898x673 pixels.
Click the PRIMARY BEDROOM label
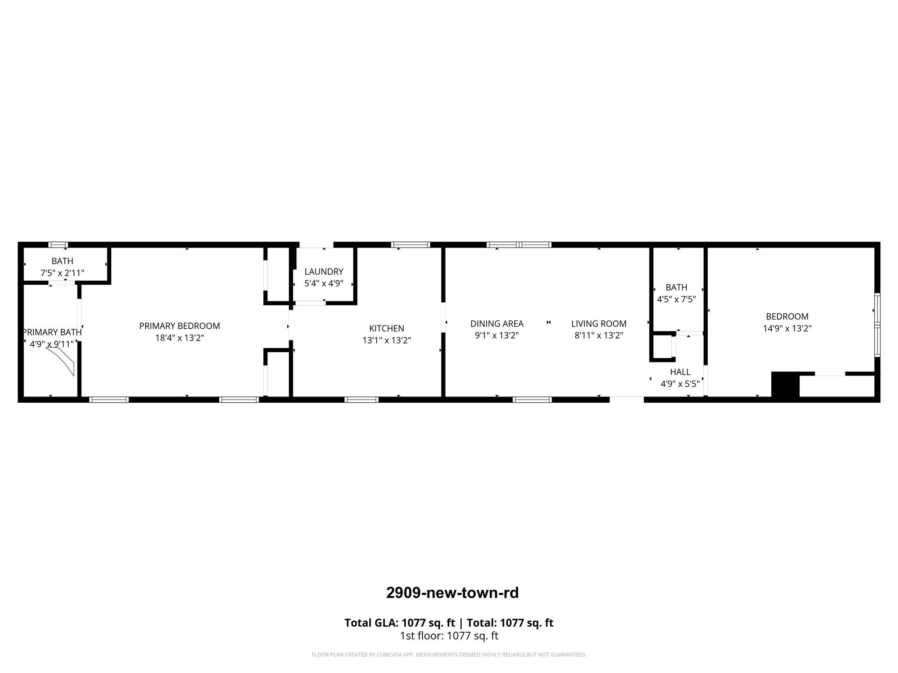[179, 326]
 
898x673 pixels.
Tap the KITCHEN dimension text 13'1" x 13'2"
[386, 340]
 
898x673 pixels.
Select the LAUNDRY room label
[324, 272]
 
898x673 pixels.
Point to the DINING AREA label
[497, 324]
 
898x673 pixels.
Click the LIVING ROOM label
[599, 324]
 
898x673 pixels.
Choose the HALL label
[680, 372]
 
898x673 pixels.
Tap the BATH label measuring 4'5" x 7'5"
[676, 287]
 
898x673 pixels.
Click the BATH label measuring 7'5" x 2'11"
[62, 261]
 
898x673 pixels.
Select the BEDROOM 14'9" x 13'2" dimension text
[787, 329]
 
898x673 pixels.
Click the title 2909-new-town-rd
[452, 593]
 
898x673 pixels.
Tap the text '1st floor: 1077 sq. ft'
[449, 636]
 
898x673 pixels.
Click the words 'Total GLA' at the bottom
[371, 623]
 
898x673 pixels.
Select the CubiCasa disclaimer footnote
[449, 655]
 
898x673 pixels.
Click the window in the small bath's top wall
[58, 245]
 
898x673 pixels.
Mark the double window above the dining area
[519, 245]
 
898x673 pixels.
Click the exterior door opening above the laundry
[316, 245]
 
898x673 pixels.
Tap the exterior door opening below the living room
[627, 399]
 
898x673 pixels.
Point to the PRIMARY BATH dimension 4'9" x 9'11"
[52, 344]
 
